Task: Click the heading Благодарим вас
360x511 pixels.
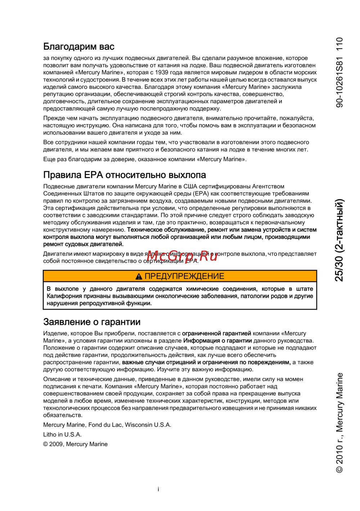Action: click(x=79, y=46)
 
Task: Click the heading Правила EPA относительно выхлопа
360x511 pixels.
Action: click(x=125, y=175)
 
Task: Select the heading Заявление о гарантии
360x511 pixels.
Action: click(x=92, y=322)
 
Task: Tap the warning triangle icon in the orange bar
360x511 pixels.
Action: click(x=139, y=277)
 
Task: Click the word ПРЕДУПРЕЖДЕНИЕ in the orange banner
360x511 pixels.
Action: click(x=184, y=276)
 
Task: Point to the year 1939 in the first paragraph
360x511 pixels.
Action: click(x=162, y=72)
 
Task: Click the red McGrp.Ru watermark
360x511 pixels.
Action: click(x=182, y=256)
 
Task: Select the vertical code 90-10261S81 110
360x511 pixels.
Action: click(x=339, y=72)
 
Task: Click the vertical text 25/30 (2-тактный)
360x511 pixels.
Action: click(x=339, y=239)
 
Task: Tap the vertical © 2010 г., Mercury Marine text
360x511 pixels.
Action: click(x=339, y=423)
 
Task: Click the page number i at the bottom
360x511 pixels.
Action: click(x=158, y=489)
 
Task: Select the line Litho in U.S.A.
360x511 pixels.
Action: click(x=62, y=435)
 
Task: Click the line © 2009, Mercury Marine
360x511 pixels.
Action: click(x=75, y=444)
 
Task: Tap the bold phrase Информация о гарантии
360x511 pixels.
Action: click(x=217, y=341)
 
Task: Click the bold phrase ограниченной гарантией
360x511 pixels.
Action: click(x=216, y=333)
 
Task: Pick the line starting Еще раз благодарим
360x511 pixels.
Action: click(x=145, y=159)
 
